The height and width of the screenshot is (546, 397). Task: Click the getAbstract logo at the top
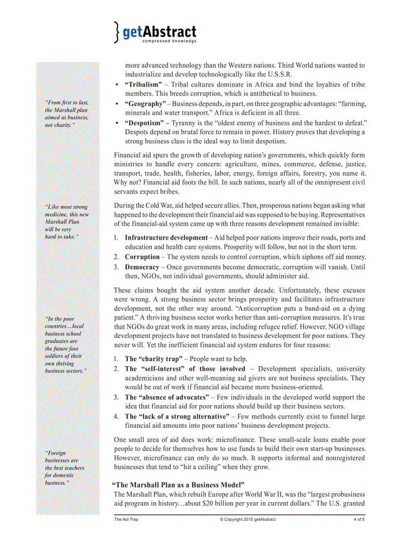coord(156,32)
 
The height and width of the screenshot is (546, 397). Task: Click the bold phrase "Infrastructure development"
coord(166,238)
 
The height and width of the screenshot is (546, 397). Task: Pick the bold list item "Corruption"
coord(142,257)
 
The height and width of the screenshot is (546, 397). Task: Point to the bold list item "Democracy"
coord(142,267)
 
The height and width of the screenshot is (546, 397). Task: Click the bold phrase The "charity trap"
coord(152,359)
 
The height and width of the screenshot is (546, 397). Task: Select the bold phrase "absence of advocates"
coord(167,397)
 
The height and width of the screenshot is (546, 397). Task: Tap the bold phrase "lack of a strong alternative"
coord(177,416)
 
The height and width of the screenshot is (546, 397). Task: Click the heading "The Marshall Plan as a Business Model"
coord(178,485)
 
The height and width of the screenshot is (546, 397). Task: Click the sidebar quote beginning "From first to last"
coord(67,114)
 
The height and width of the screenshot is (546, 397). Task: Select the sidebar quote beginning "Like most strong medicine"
coord(67,222)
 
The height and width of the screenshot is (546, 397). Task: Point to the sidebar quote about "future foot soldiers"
coord(66,345)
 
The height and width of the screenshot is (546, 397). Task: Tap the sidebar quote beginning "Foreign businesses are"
coord(64,468)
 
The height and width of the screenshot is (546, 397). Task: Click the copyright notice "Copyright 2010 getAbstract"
coord(247,519)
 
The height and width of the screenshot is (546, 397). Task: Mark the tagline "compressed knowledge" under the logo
coord(169,41)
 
